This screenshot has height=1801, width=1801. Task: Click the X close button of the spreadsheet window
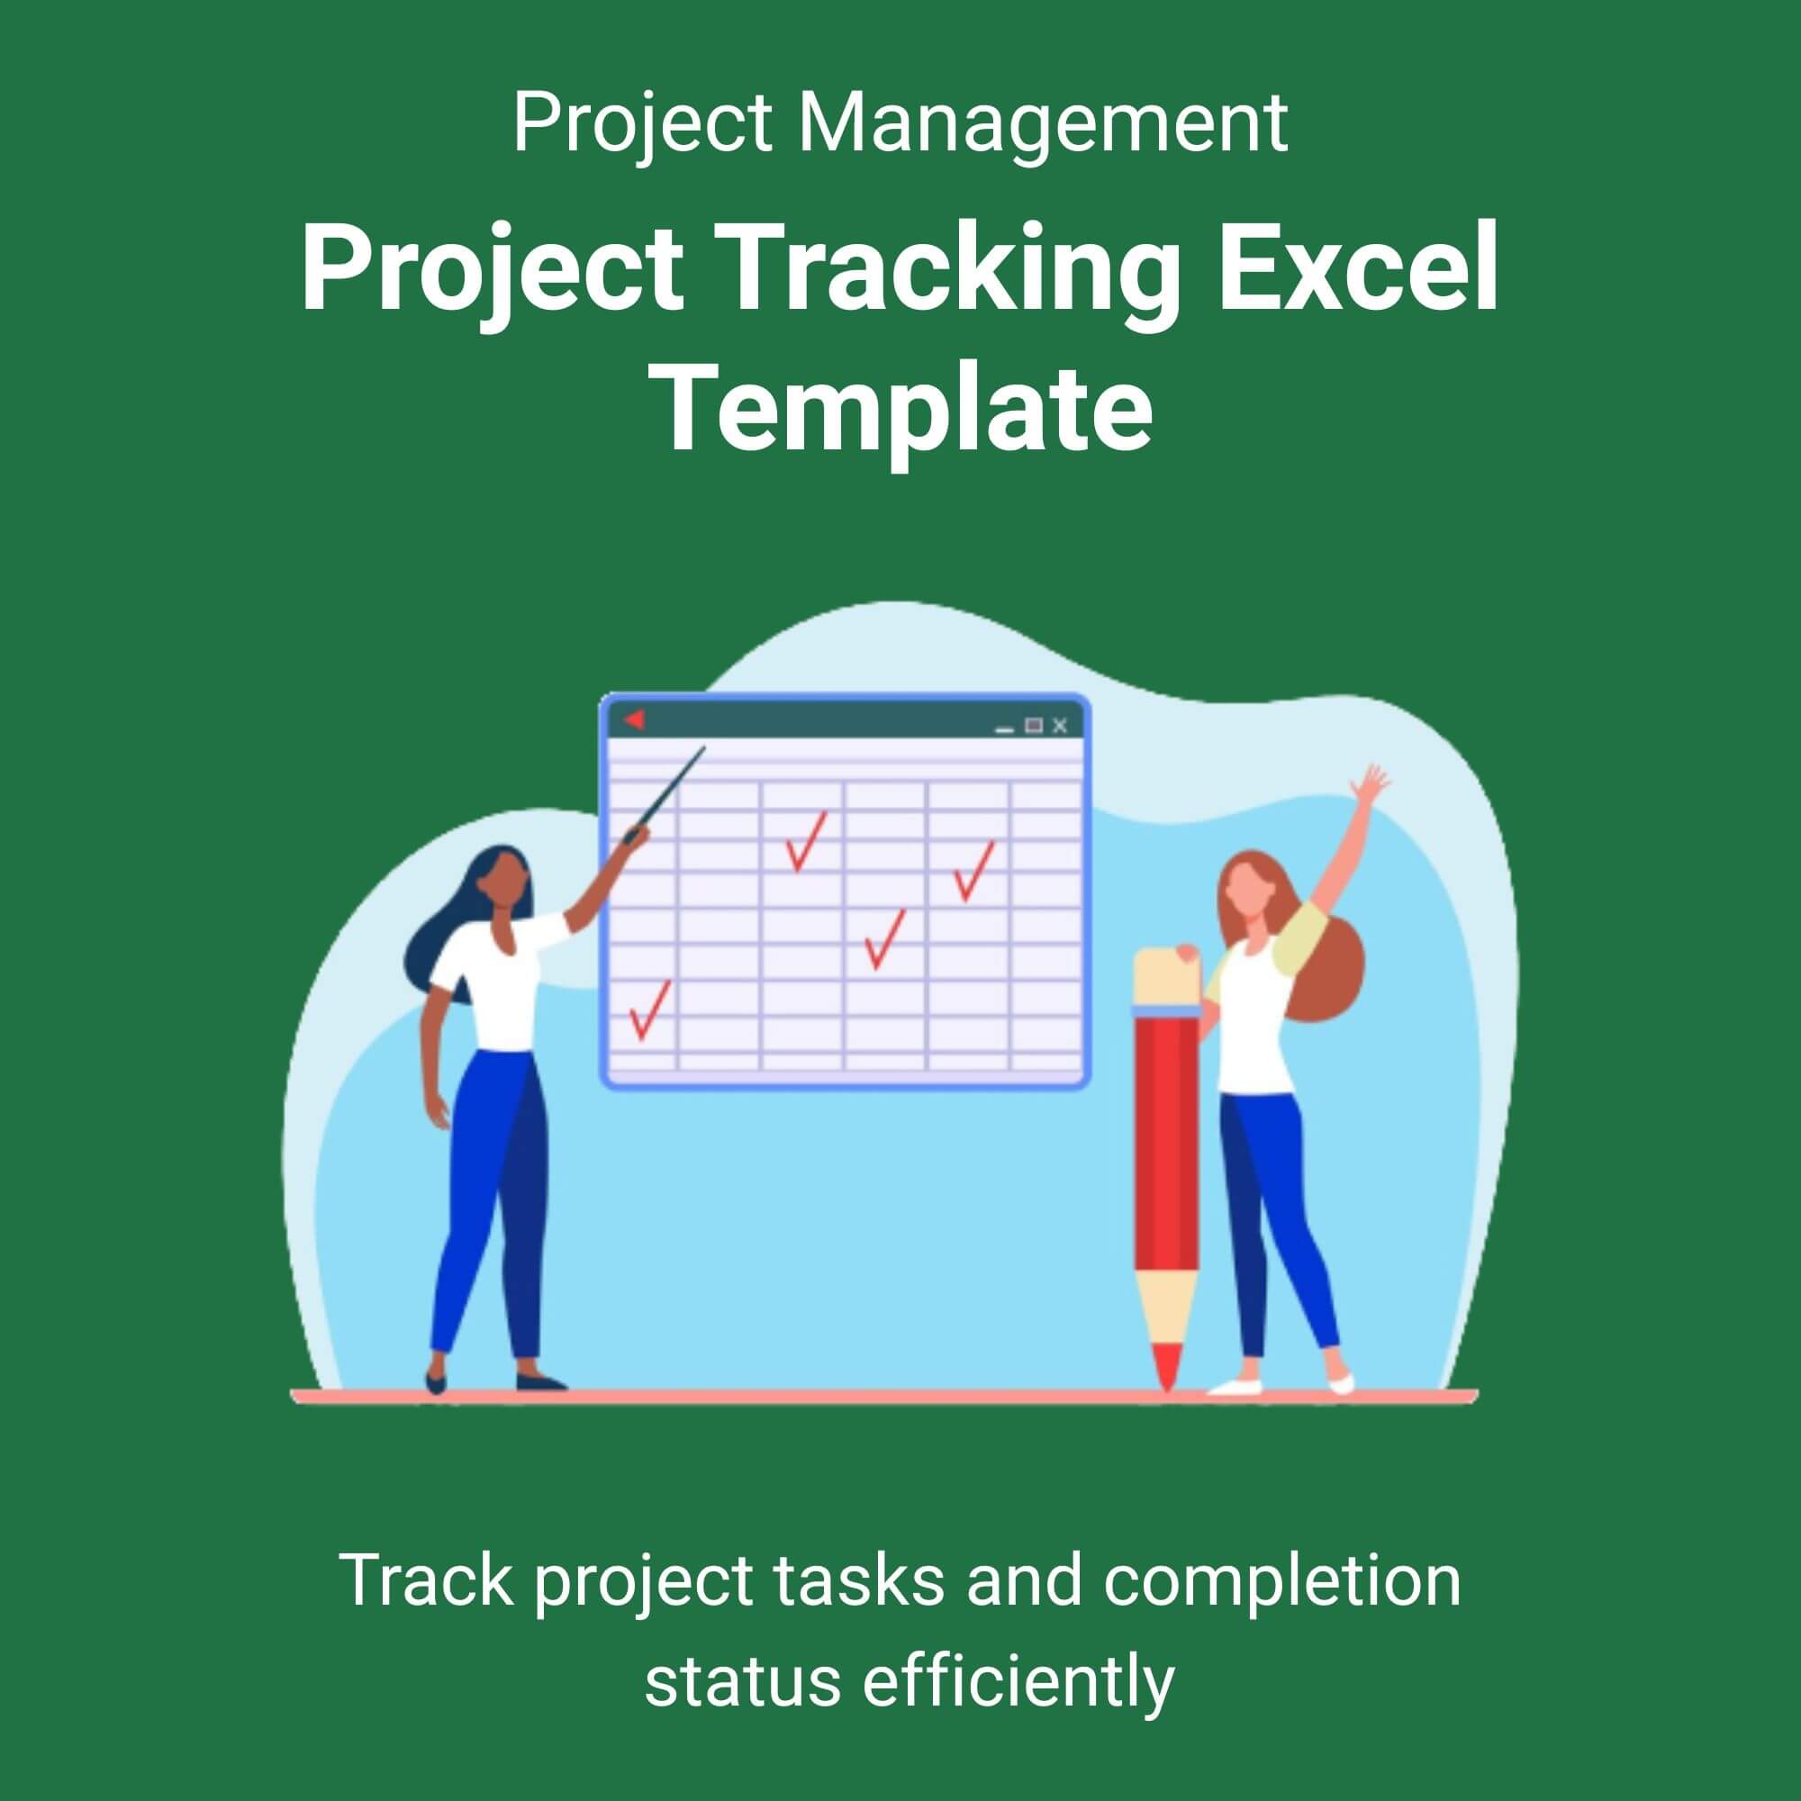(1059, 725)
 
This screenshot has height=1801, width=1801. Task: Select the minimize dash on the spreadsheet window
(1004, 730)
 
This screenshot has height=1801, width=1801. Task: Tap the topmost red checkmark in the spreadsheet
(806, 842)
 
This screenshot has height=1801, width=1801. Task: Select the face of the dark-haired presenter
(506, 882)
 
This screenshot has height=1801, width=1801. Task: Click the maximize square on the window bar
(1034, 725)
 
